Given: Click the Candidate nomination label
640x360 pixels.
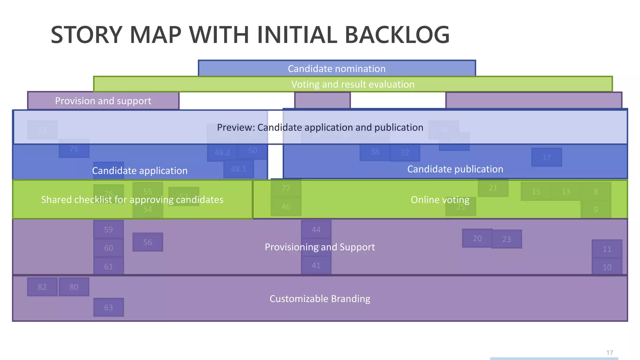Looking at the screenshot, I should click(337, 69).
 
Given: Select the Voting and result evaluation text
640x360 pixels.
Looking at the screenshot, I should click(352, 84).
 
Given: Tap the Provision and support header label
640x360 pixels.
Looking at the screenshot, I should click(103, 101).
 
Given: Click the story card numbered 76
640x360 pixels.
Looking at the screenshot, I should click(74, 149).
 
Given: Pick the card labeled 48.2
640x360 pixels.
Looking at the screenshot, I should click(222, 152).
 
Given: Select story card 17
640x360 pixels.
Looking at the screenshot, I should click(547, 157).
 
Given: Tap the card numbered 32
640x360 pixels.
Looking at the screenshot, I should click(405, 152).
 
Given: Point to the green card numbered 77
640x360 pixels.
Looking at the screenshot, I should click(286, 188).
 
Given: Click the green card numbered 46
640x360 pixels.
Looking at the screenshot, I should click(286, 207).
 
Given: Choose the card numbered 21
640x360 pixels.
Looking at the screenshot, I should click(493, 188).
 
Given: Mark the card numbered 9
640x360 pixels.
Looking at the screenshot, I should click(596, 209).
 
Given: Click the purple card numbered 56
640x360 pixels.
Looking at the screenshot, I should click(148, 242).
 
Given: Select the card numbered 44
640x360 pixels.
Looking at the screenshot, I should click(316, 230).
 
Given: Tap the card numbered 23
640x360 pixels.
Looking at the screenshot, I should click(507, 239).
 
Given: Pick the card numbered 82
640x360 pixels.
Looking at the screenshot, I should click(42, 287).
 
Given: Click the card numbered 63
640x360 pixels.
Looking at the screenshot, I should click(108, 307).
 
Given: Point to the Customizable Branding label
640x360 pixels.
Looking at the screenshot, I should click(320, 299).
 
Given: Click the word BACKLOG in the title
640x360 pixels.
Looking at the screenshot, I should click(397, 35).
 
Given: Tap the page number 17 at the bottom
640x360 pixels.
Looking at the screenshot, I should click(609, 353).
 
